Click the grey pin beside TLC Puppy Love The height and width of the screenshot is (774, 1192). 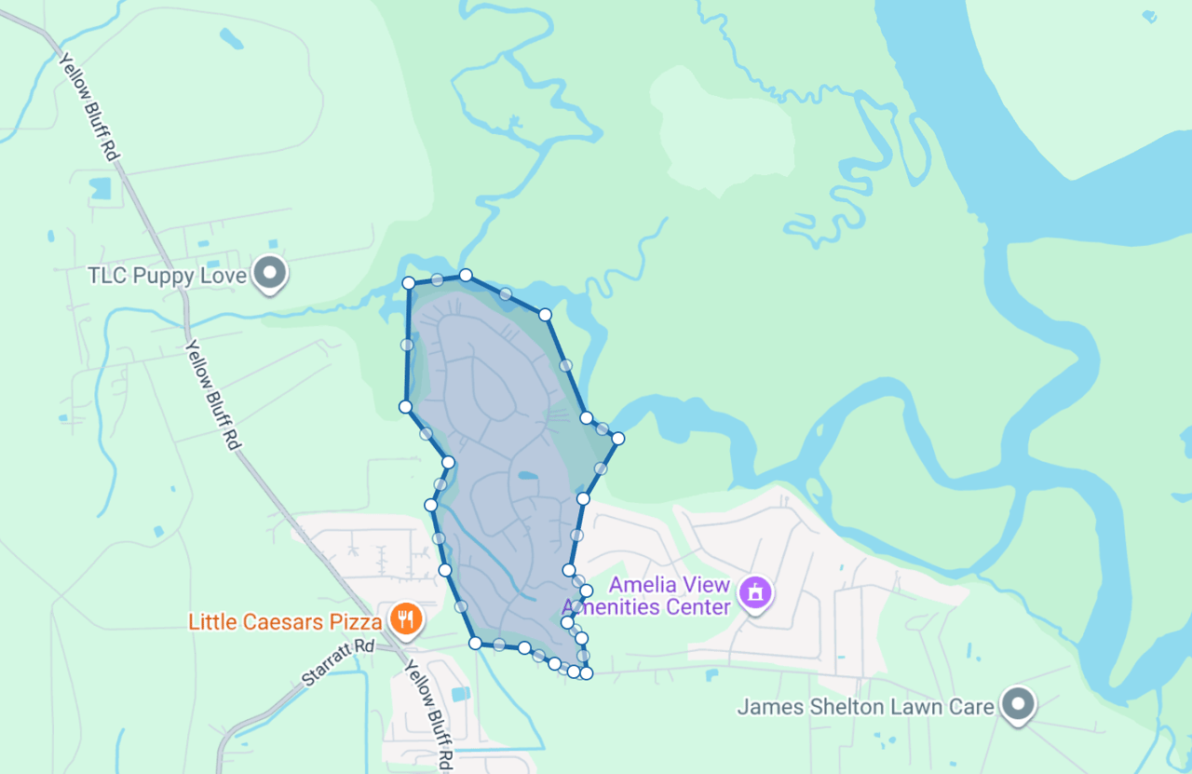coord(271,274)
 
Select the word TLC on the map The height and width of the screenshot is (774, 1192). coord(107,276)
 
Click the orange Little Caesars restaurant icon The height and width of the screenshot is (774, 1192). coord(405,618)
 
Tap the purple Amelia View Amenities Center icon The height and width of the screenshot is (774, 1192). coord(756,591)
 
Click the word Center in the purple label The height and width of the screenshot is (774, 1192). coord(699,607)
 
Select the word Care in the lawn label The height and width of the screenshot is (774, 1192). coord(973,707)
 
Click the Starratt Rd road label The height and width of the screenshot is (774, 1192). coord(338,662)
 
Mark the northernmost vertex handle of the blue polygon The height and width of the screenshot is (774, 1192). coord(466,275)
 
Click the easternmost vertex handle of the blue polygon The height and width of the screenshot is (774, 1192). coord(617,438)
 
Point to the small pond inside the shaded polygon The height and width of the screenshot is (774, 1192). coord(527,476)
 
